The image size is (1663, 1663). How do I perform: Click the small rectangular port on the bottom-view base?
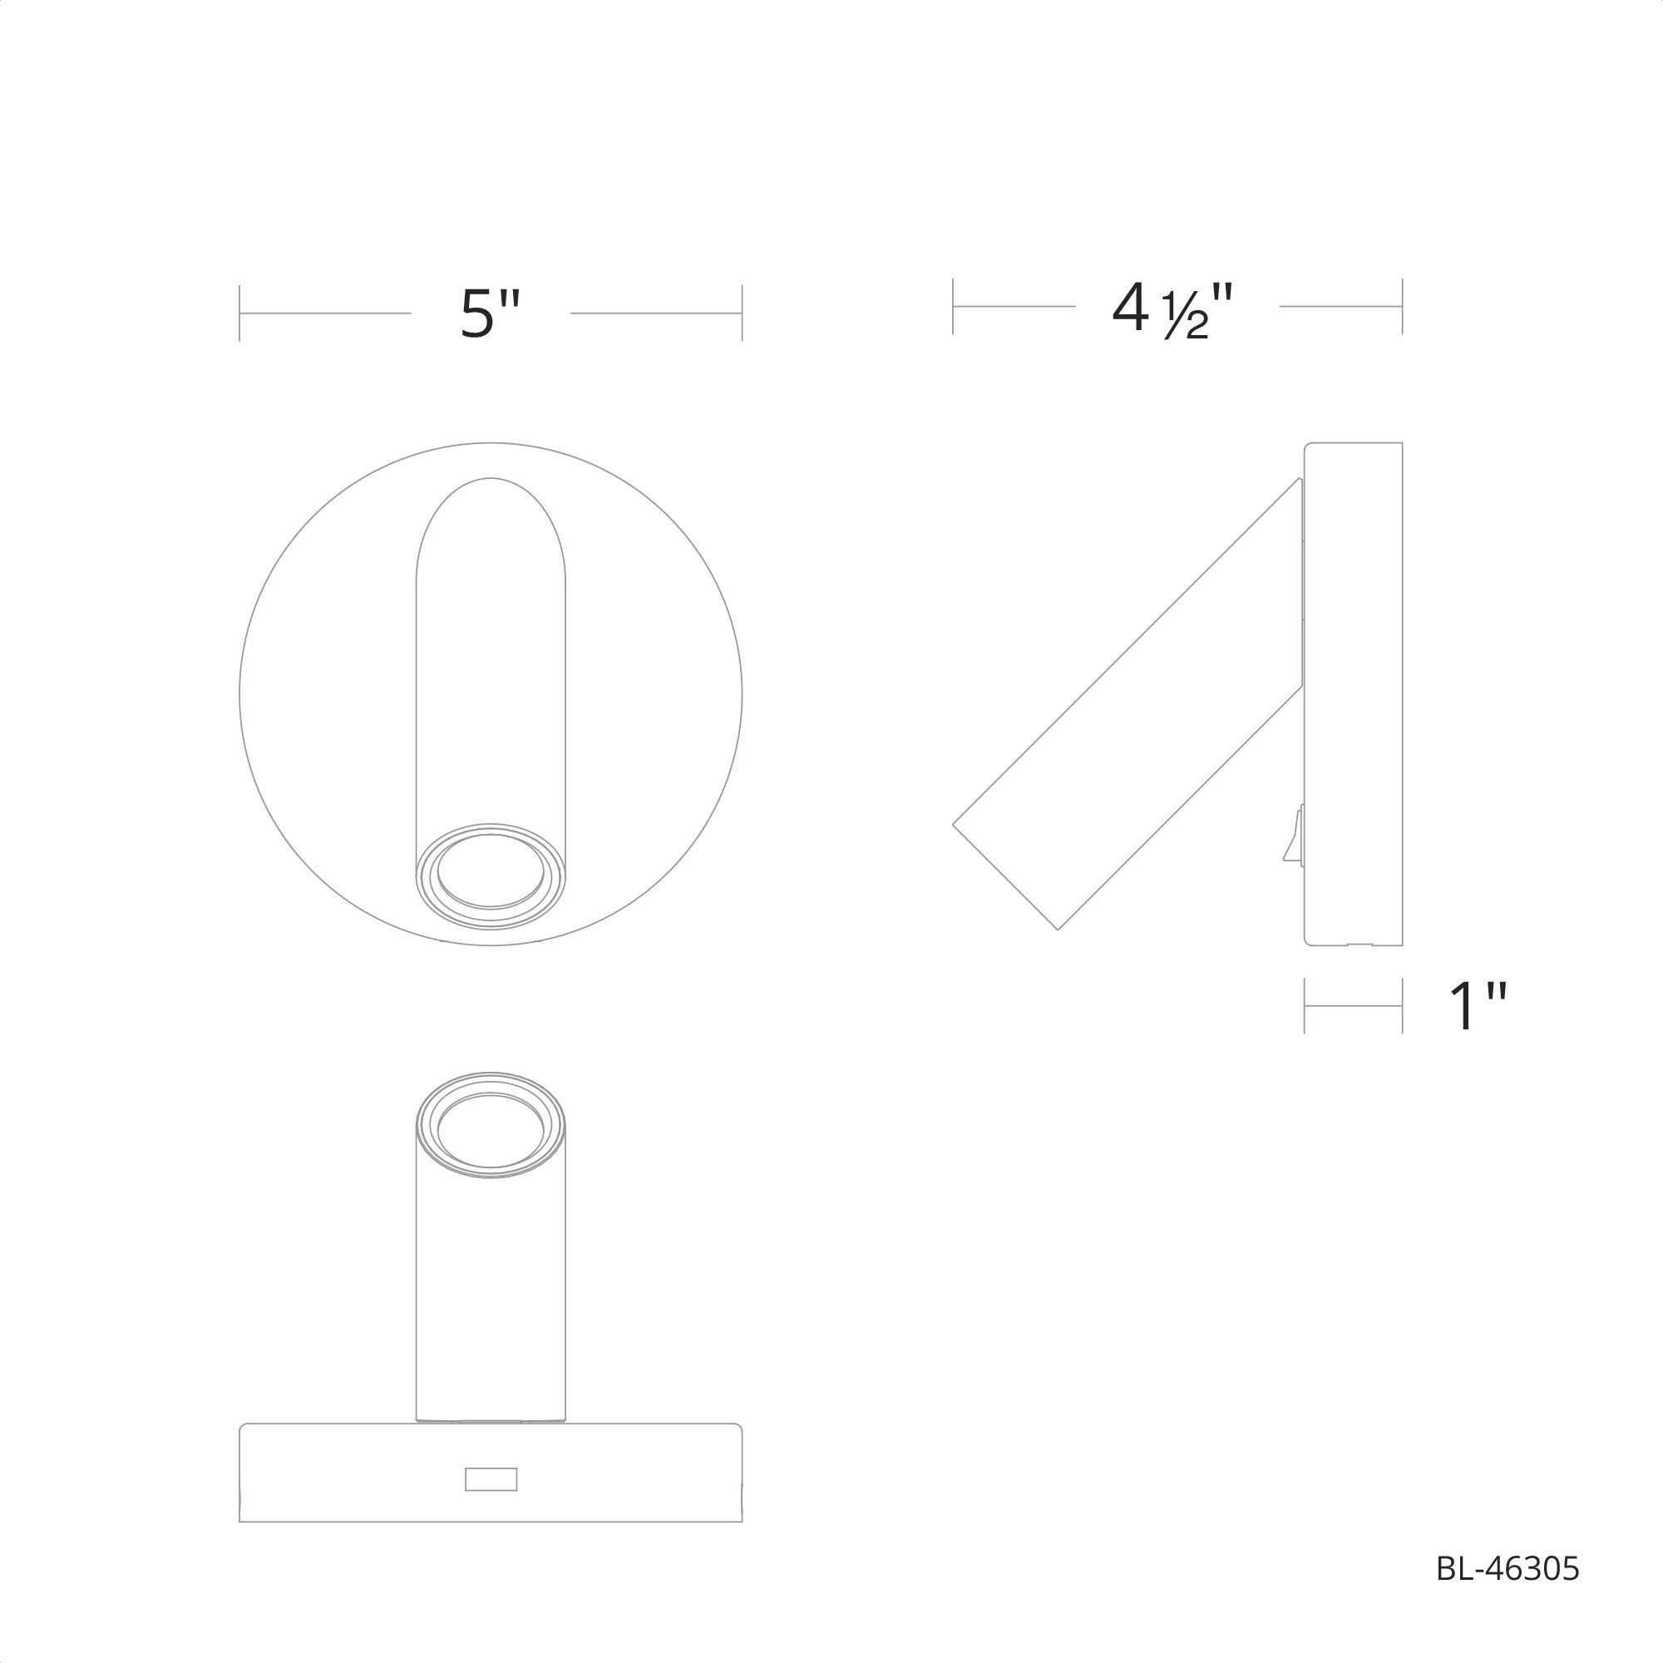point(491,1478)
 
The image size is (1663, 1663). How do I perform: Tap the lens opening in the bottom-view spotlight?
point(491,1130)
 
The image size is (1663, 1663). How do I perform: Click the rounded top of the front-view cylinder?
point(491,516)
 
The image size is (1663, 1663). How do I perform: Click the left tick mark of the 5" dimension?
point(239,313)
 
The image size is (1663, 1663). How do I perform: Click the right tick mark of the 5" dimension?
point(742,313)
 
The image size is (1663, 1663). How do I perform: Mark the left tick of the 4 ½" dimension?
point(953,307)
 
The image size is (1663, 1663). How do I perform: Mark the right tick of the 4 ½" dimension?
point(1402,307)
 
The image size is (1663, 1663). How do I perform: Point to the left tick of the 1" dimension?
point(1305,1005)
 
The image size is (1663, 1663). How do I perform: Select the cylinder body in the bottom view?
point(491,1291)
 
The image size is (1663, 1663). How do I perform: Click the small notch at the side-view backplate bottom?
point(1360,945)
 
